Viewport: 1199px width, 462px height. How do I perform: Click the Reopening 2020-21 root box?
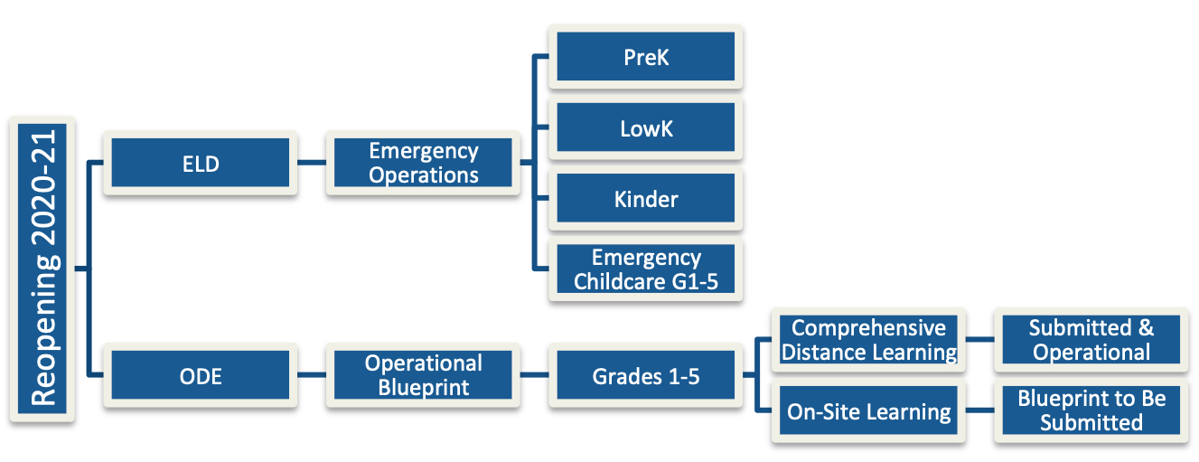coord(42,269)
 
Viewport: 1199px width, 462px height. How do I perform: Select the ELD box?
coord(201,163)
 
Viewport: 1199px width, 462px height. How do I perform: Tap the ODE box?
coord(201,375)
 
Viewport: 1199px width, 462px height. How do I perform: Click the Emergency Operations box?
coord(423,163)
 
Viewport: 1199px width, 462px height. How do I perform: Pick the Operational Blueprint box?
coord(423,375)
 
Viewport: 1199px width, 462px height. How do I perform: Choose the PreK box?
coord(645,56)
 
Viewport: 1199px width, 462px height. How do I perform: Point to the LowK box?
coord(645,127)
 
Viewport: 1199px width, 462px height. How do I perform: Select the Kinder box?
coord(645,198)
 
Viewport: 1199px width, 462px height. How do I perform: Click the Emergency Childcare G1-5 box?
coord(645,269)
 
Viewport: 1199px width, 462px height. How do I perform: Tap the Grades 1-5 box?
coord(645,375)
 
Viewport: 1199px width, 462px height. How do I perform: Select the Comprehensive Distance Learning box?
coord(868,340)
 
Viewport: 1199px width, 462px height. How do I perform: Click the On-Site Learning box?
coord(868,410)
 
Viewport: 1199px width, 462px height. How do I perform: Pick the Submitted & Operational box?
coord(1091,340)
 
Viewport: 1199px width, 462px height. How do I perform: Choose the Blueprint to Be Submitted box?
coord(1091,410)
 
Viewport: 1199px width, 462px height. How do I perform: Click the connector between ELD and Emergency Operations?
coord(312,162)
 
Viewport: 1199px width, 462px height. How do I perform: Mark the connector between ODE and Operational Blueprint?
coord(312,374)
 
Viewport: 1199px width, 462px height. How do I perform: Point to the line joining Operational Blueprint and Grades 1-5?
coord(534,374)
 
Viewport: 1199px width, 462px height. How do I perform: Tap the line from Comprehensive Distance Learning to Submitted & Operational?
coord(979,339)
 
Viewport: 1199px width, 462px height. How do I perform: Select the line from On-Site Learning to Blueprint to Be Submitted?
coord(979,410)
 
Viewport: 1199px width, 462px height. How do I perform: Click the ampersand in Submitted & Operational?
coord(1146,327)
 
